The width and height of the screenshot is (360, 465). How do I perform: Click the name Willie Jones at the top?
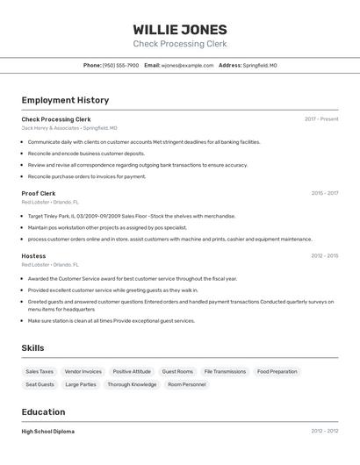pyautogui.click(x=180, y=29)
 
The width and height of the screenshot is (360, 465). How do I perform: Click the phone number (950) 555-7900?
pyautogui.click(x=120, y=65)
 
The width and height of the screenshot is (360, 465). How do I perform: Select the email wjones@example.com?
pyautogui.click(x=187, y=65)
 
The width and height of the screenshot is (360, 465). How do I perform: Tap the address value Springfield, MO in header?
pyautogui.click(x=260, y=65)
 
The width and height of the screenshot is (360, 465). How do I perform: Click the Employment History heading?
pyautogui.click(x=65, y=100)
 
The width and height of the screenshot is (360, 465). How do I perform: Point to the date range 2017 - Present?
pyautogui.click(x=321, y=118)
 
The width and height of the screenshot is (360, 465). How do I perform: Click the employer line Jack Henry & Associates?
pyautogui.click(x=69, y=128)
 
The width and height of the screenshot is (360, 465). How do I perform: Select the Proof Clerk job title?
pyautogui.click(x=39, y=193)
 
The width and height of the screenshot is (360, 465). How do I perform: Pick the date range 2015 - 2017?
pyautogui.click(x=324, y=193)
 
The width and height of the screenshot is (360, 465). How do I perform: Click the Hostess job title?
pyautogui.click(x=33, y=256)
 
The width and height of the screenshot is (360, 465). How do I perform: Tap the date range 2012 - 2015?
pyautogui.click(x=324, y=256)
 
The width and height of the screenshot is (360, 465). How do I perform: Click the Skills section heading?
pyautogui.click(x=32, y=347)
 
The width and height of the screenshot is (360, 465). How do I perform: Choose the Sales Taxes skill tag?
pyautogui.click(x=40, y=371)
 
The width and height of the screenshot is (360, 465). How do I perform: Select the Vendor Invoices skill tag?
pyautogui.click(x=83, y=371)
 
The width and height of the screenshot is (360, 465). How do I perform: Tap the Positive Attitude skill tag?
pyautogui.click(x=132, y=371)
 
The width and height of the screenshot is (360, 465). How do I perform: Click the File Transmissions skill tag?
pyautogui.click(x=225, y=371)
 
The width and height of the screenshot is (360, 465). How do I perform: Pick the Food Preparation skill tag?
pyautogui.click(x=277, y=371)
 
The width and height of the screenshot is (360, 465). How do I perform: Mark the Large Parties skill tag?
pyautogui.click(x=81, y=384)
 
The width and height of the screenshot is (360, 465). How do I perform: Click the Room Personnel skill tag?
pyautogui.click(x=186, y=384)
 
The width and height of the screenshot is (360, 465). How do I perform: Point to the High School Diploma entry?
pyautogui.click(x=48, y=432)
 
